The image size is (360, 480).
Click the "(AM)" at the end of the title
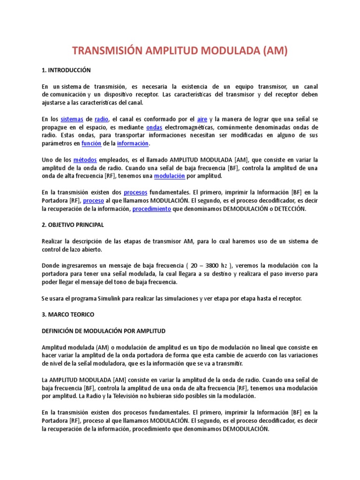pos(273,51)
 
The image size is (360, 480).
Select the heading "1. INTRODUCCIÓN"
pos(66,70)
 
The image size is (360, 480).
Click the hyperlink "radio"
pos(101,120)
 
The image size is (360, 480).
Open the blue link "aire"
pos(202,120)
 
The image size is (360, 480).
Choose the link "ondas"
pos(154,127)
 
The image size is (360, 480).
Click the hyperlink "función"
pos(91,143)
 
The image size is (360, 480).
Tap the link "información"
pos(133,143)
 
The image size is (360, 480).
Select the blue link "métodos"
pos(84,160)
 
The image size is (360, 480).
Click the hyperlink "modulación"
pos(170,176)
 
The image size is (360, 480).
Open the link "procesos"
pos(135,193)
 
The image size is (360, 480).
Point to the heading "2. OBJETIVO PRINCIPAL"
pos(73,225)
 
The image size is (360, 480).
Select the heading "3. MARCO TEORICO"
pos(67,315)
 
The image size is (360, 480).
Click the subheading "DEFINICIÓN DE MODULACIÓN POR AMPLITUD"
pos(104,331)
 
